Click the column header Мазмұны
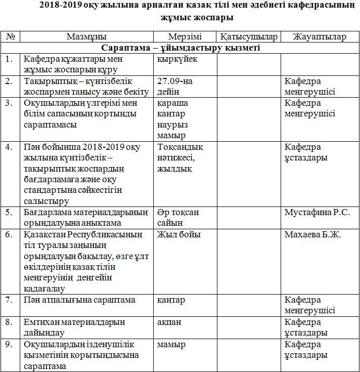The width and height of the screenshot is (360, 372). [x=86, y=37]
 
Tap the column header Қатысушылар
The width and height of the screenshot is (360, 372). [x=248, y=37]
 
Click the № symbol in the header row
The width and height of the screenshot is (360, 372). [x=10, y=37]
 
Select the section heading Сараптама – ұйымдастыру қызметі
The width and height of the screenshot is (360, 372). [x=181, y=48]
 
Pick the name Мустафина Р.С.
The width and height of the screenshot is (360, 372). [x=318, y=212]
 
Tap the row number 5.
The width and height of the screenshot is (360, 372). [x=9, y=212]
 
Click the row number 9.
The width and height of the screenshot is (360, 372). [x=9, y=345]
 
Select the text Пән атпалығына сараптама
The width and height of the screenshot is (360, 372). [x=79, y=300]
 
